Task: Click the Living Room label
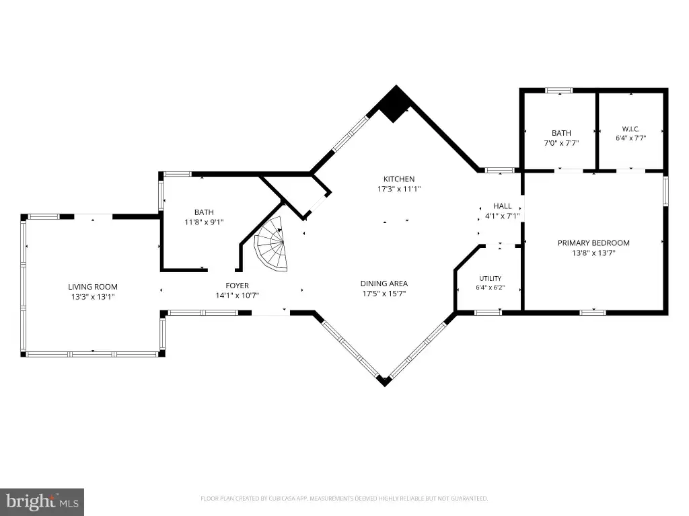click(x=93, y=287)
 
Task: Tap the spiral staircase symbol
click(x=272, y=245)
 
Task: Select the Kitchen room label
click(x=399, y=179)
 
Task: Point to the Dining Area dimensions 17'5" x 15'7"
click(x=384, y=294)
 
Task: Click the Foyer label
click(x=238, y=286)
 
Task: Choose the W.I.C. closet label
click(x=630, y=129)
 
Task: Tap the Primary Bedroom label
click(x=593, y=243)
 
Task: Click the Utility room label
click(x=491, y=279)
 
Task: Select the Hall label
click(x=502, y=206)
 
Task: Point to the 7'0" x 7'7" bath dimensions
click(x=561, y=143)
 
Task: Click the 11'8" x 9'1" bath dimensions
click(x=204, y=222)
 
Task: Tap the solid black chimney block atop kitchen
click(x=395, y=104)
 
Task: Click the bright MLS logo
click(x=42, y=502)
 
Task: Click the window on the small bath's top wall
click(x=559, y=91)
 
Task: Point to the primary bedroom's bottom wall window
click(x=593, y=313)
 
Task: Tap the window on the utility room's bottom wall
click(x=488, y=313)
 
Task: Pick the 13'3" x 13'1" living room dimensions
click(x=93, y=297)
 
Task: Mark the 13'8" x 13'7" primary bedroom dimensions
click(x=593, y=253)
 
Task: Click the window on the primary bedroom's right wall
click(x=665, y=191)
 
